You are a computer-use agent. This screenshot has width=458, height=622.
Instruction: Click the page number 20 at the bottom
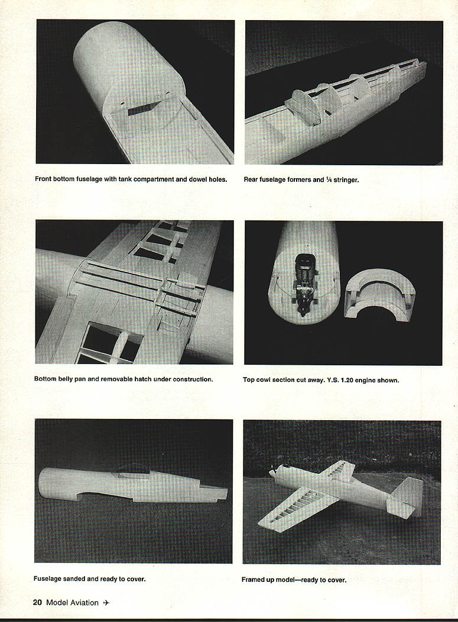(x=37, y=603)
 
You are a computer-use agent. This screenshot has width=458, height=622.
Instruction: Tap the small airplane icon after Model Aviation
(x=106, y=603)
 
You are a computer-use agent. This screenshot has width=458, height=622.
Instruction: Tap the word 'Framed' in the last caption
(x=252, y=580)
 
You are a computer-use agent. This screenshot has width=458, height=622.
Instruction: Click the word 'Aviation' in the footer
(x=84, y=603)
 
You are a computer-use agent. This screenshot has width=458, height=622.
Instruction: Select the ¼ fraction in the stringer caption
(x=329, y=180)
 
